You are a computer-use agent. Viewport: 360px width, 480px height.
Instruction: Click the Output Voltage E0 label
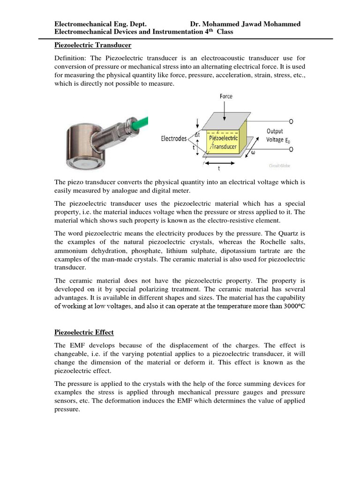point(276,135)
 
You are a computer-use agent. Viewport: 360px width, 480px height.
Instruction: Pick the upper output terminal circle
point(291,121)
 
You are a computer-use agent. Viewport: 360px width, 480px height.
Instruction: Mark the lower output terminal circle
point(291,149)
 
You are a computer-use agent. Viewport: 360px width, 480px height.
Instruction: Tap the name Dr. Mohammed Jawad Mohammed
point(245,24)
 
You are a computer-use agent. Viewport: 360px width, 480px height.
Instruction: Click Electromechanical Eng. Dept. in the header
point(101,24)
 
